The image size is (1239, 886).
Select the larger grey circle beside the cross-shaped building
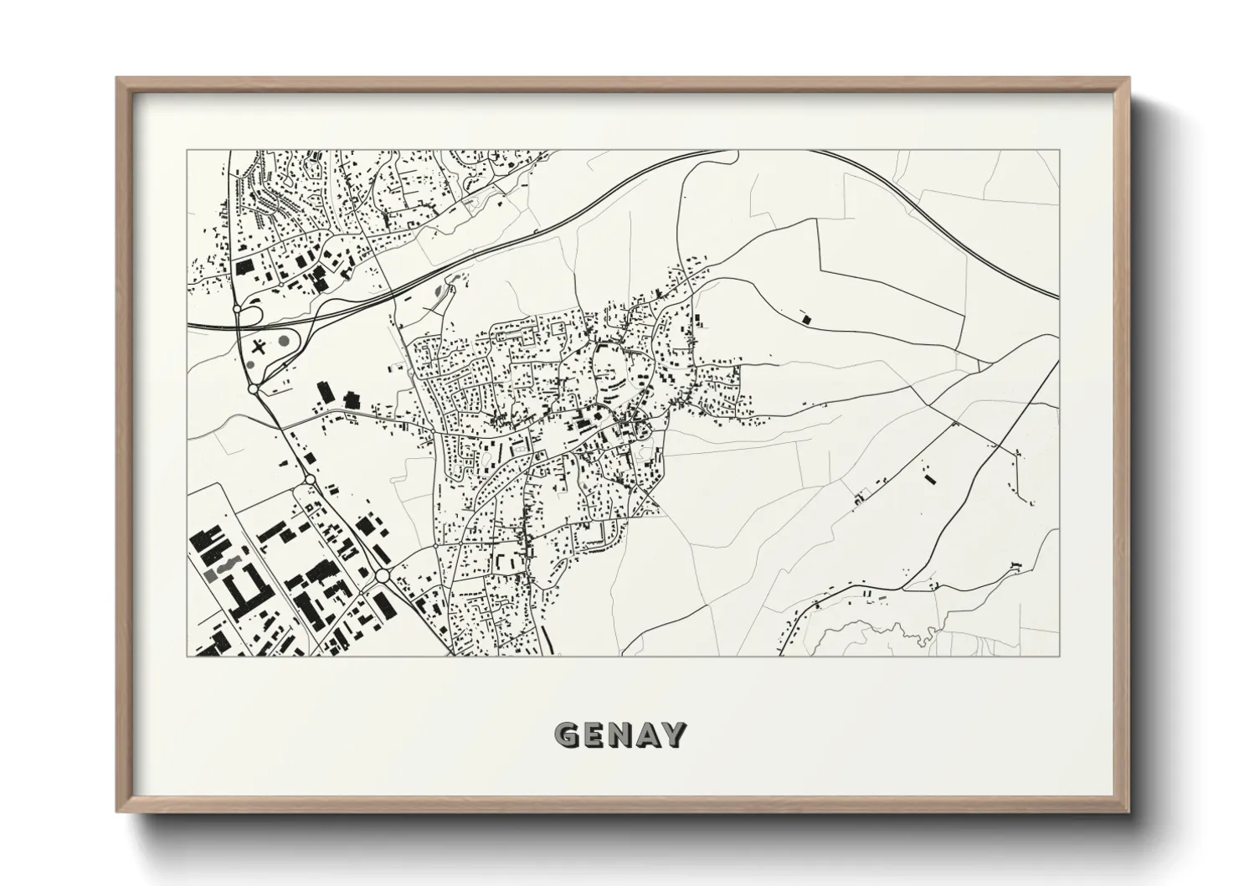[x=284, y=342]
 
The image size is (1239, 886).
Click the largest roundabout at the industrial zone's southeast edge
[x=383, y=576]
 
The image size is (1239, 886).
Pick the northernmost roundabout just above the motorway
[x=238, y=309]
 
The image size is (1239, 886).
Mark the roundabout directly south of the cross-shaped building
[x=253, y=389]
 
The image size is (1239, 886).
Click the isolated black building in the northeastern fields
[x=806, y=317]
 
